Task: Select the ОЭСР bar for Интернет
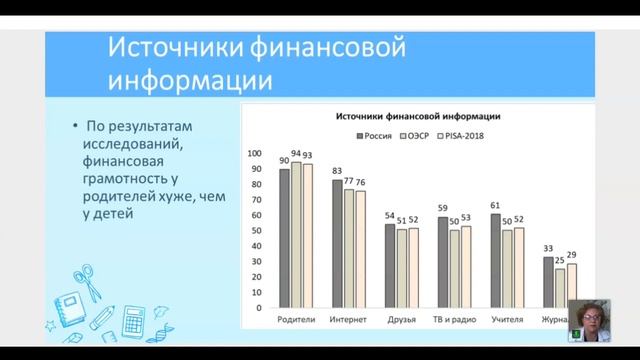349,248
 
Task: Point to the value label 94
296,154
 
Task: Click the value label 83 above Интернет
338,172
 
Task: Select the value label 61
495,206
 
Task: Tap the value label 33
548,249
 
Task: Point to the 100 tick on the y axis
254,154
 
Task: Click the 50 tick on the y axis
257,231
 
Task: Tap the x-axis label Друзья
402,320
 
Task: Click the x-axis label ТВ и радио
455,320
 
